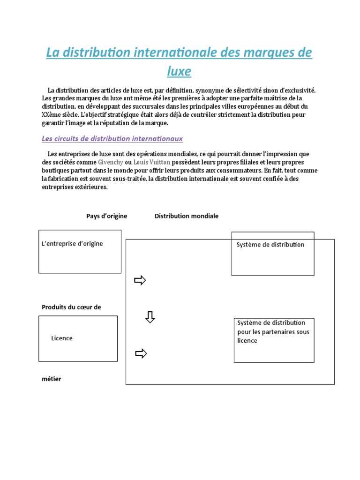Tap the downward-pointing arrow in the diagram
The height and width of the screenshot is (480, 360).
[x=150, y=317]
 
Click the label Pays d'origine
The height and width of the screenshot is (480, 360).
[x=106, y=216]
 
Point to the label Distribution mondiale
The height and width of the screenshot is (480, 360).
[x=186, y=216]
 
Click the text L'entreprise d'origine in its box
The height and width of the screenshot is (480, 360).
[x=72, y=244]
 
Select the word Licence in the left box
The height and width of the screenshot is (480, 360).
[x=62, y=338]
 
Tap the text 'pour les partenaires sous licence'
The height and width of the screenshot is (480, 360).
[x=273, y=336]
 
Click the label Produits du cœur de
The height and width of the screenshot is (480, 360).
[x=71, y=307]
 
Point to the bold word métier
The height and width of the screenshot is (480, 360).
[x=51, y=379]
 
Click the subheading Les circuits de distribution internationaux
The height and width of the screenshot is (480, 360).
[x=112, y=139]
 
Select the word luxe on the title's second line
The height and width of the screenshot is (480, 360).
[x=179, y=71]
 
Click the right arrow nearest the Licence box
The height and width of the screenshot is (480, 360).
[x=141, y=353]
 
